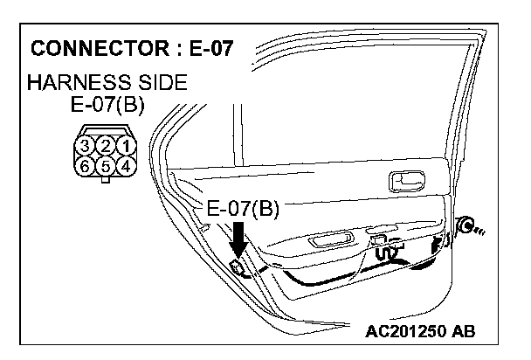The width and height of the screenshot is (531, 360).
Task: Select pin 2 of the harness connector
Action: pos(106,145)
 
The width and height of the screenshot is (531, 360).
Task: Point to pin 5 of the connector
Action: pos(106,163)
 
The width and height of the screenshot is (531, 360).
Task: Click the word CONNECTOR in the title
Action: pos(93,47)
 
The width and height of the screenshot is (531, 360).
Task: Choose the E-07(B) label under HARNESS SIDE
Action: pos(107,107)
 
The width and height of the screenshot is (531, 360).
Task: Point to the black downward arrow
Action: pos(238,237)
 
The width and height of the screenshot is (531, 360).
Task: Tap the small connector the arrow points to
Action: pos(236,265)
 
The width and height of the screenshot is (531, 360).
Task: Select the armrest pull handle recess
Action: pos(332,242)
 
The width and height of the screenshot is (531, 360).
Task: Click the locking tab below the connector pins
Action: pos(106,180)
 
